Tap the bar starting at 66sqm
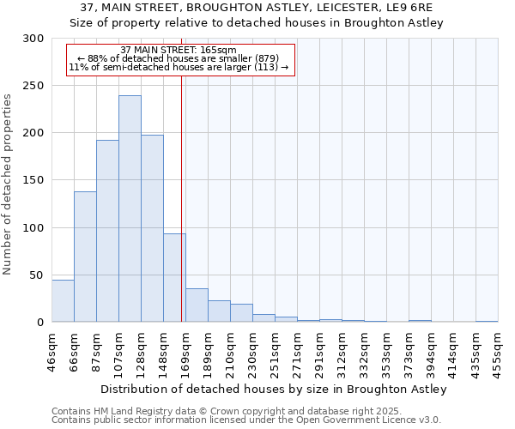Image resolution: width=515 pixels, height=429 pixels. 85,257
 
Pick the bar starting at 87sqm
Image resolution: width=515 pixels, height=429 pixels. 107,231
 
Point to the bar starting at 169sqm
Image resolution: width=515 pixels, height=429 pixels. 197,305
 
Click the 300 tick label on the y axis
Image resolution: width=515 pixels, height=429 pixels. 33,39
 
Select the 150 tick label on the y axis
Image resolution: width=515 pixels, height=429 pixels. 33,180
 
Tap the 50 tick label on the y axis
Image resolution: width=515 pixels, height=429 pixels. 37,275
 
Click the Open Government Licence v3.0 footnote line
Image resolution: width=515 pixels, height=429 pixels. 246,420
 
